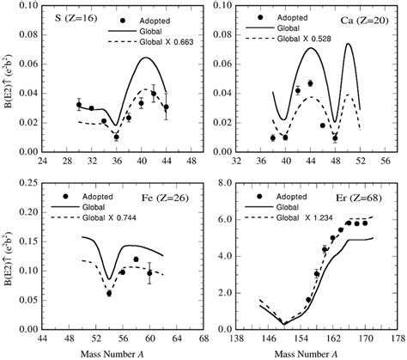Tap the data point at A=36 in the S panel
pos(116,137)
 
